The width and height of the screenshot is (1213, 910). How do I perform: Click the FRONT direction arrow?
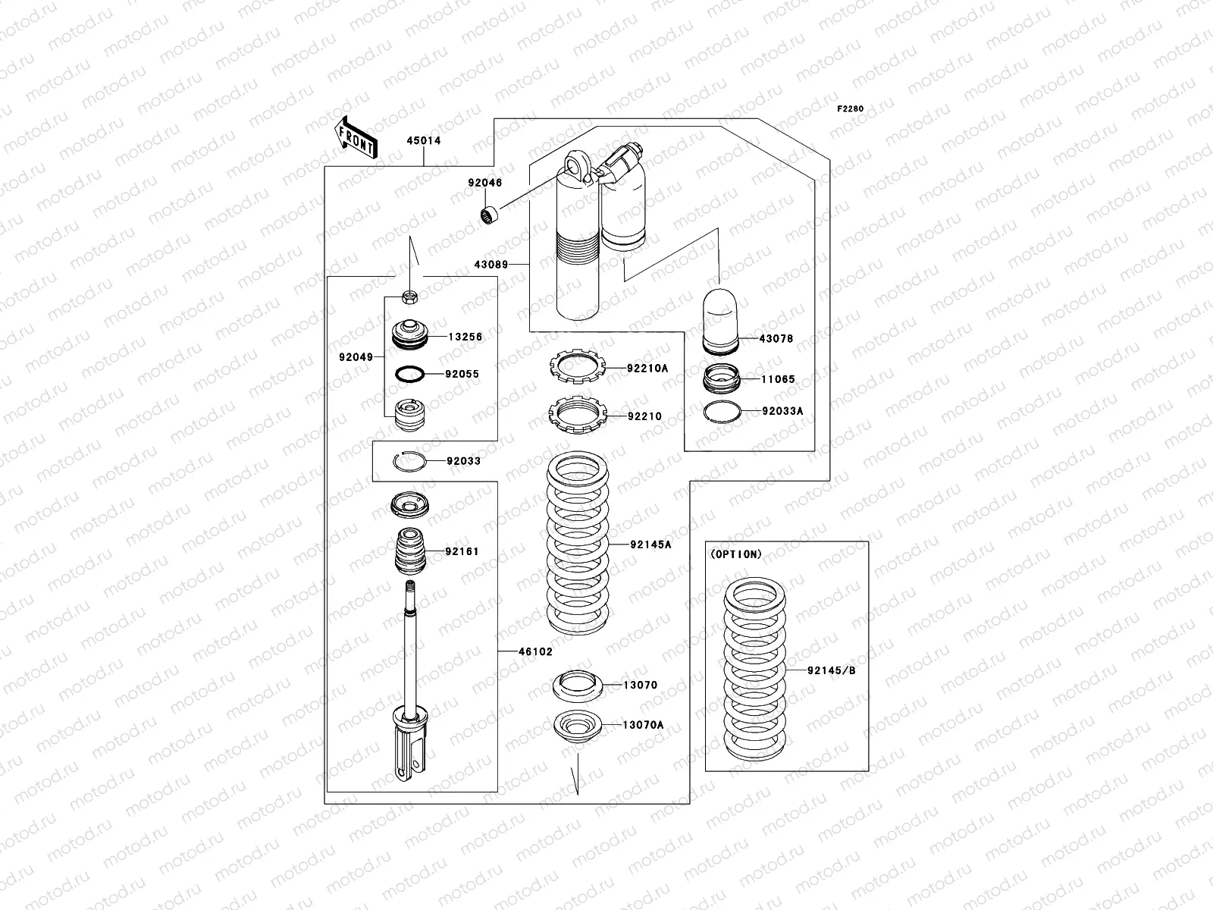coord(355,137)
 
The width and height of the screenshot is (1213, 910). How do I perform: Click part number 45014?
coord(423,141)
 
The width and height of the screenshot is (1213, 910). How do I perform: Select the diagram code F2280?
coord(850,108)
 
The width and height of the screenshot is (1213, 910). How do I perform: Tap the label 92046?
coord(484,183)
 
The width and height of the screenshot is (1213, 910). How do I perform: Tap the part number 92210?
coord(644,416)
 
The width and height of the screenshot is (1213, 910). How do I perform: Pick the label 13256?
coord(465,337)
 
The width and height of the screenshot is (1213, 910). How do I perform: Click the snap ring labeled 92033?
coord(409,460)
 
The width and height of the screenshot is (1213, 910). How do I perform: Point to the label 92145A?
coord(650,544)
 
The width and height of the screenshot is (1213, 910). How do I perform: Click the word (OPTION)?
coord(736,554)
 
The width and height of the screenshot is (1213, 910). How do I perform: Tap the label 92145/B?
coord(831,670)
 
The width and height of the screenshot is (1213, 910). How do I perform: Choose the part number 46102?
coord(535,651)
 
